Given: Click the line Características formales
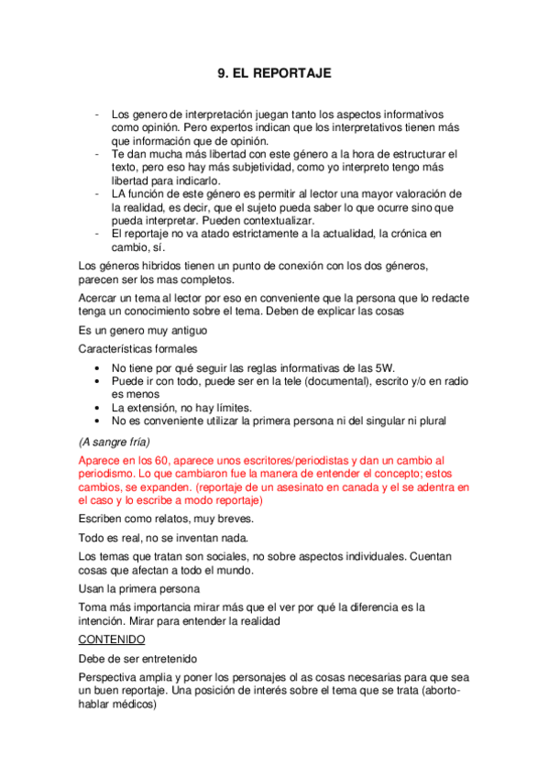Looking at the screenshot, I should pos(137,349).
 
